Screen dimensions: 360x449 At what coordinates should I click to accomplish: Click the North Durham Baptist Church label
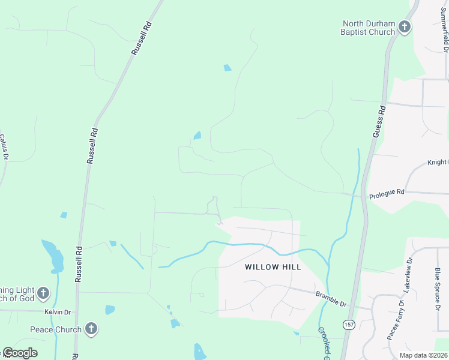click(369, 28)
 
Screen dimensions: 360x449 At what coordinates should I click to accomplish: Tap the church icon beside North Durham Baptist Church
click(405, 27)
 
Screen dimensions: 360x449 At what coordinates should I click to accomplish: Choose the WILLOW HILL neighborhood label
click(273, 267)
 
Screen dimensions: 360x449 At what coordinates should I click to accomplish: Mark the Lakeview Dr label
click(408, 274)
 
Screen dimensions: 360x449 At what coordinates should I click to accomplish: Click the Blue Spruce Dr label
click(437, 289)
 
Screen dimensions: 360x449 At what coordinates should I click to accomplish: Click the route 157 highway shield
click(348, 324)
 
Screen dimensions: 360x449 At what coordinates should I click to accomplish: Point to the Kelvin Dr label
click(57, 312)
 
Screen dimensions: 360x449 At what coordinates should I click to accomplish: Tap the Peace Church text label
click(56, 329)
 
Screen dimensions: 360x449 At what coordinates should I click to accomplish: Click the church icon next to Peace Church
click(91, 328)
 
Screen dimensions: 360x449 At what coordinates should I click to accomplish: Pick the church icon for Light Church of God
click(43, 293)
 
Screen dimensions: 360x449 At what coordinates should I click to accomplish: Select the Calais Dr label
click(4, 147)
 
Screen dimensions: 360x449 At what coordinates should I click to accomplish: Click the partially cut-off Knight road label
click(438, 162)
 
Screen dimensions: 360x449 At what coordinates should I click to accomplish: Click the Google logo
click(19, 353)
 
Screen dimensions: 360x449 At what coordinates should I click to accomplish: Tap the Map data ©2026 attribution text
click(423, 355)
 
